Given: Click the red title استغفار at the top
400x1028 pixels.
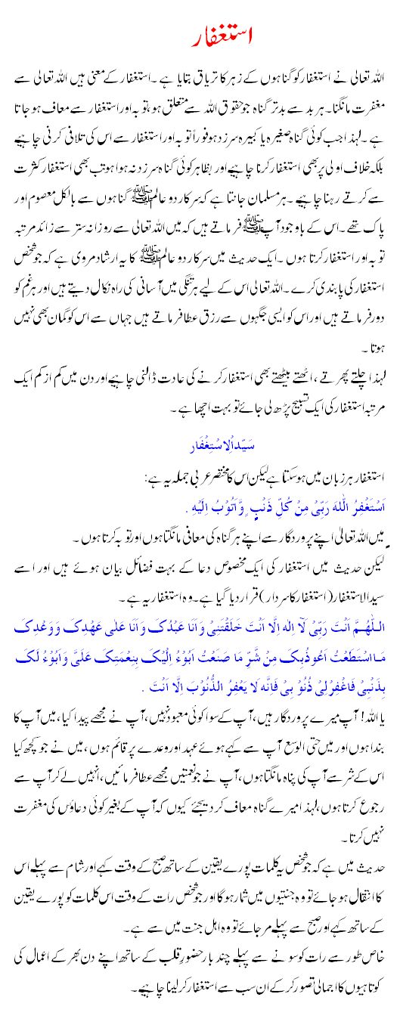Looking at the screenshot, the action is click(x=199, y=36).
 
